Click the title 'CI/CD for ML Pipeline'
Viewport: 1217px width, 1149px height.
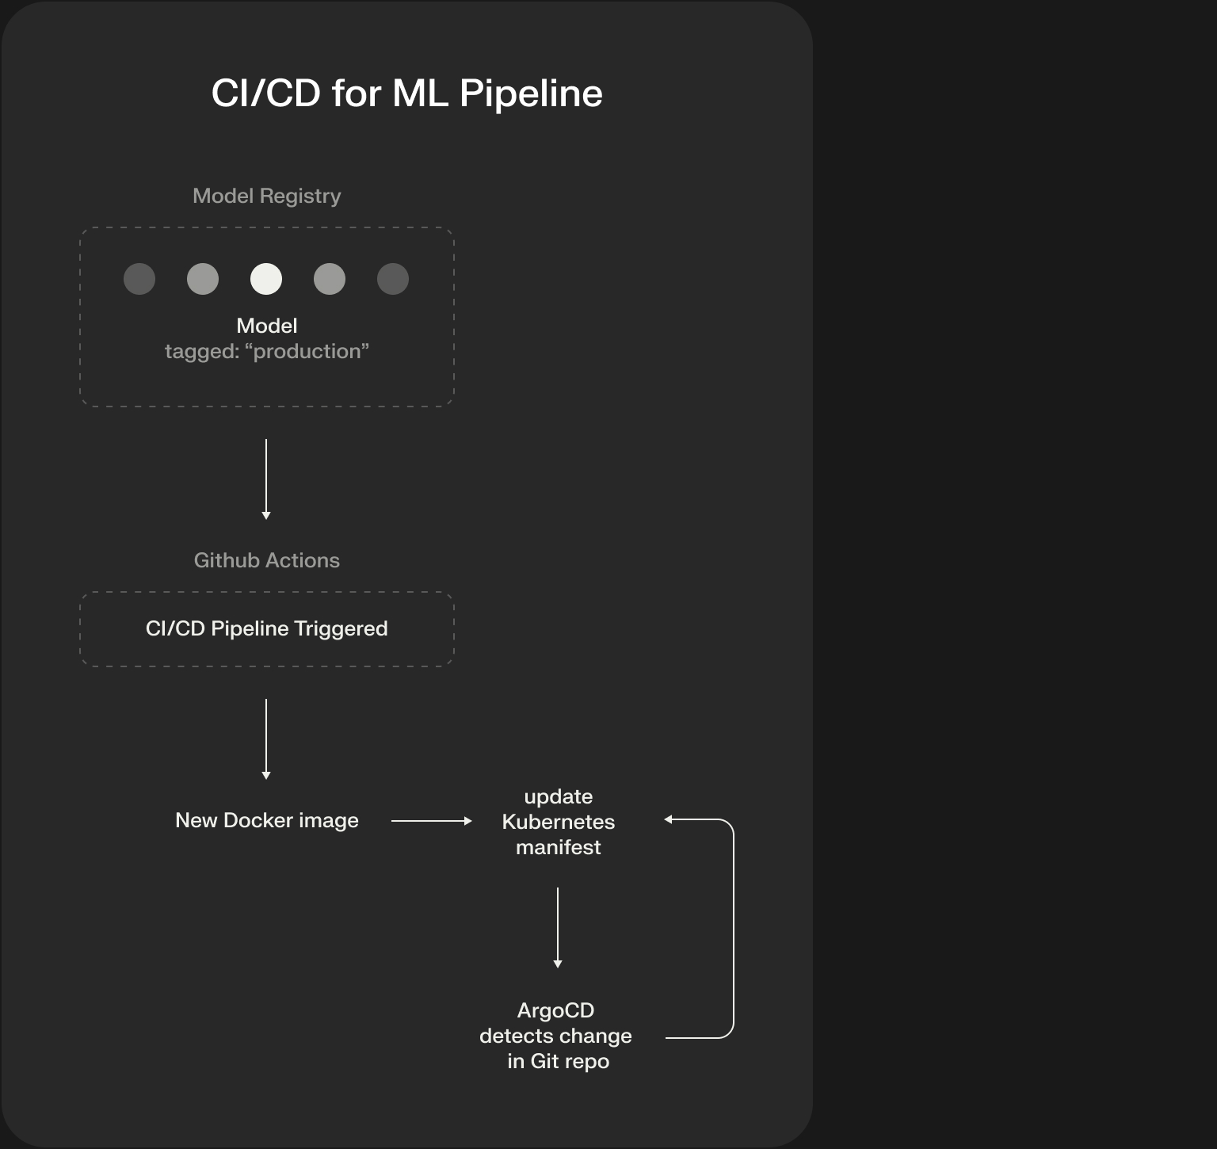tap(406, 94)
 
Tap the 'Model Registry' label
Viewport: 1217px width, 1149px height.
tap(267, 196)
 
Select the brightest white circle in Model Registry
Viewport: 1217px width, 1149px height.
tap(266, 279)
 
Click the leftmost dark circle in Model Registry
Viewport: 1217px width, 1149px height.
tap(139, 279)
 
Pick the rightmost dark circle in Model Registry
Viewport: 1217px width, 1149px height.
tap(393, 279)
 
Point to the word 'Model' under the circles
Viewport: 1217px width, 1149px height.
tap(267, 326)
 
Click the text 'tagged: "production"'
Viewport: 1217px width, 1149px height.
tap(267, 351)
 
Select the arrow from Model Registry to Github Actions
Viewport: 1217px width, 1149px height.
tap(266, 479)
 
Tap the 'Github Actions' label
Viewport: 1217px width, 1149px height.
tap(267, 560)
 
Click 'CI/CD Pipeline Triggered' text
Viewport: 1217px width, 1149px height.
tap(267, 628)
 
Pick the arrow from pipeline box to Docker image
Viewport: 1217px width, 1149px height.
tap(266, 739)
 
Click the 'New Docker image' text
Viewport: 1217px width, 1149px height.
tap(267, 820)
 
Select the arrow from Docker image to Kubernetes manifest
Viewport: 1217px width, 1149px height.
tap(431, 821)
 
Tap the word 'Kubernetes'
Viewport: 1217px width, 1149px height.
tap(559, 822)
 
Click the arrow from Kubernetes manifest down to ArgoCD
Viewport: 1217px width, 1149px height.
tap(558, 927)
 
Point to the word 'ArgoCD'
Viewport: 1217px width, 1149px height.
tap(555, 1010)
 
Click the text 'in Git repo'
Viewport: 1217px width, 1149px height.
tap(559, 1061)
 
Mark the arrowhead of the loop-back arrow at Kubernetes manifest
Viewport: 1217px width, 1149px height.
tap(669, 819)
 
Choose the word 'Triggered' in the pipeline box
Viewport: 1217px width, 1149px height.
tap(341, 628)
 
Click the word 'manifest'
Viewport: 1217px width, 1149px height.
tap(559, 847)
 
